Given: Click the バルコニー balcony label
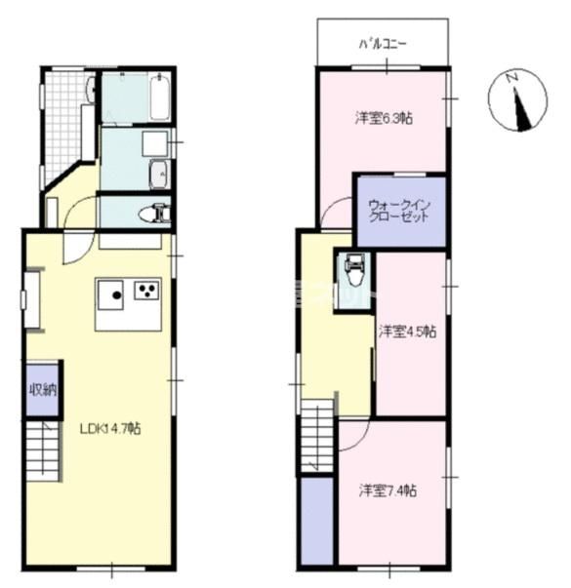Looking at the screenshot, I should [383, 44].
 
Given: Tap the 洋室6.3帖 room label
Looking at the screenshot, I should [383, 119].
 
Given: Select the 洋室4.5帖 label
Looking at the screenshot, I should [407, 332].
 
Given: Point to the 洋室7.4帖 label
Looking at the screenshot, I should [387, 490].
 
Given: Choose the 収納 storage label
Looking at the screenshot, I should [42, 390].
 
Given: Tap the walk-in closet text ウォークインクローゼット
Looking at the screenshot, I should [398, 211].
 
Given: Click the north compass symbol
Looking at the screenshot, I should [519, 101].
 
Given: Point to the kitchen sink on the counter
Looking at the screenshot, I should [111, 293].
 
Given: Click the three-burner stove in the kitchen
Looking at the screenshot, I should [147, 291].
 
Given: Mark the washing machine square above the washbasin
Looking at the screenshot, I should [154, 145].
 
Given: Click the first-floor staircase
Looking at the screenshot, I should [43, 453].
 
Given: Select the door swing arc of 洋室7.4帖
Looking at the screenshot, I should [353, 437].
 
